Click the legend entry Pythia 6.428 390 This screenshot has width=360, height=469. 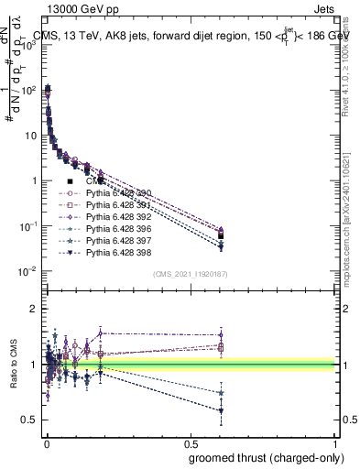pyautogui.click(x=115, y=193)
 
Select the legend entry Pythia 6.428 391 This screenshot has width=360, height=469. pyautogui.click(x=115, y=205)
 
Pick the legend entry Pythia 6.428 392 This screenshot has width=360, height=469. pyautogui.click(x=115, y=217)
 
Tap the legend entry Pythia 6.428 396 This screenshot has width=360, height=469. pyautogui.click(x=115, y=229)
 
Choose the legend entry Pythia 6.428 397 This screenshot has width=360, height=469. pyautogui.click(x=115, y=241)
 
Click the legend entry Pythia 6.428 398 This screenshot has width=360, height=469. pyautogui.click(x=115, y=253)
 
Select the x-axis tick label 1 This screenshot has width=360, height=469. pyautogui.click(x=335, y=443)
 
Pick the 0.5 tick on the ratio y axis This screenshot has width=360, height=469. pyautogui.click(x=33, y=420)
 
